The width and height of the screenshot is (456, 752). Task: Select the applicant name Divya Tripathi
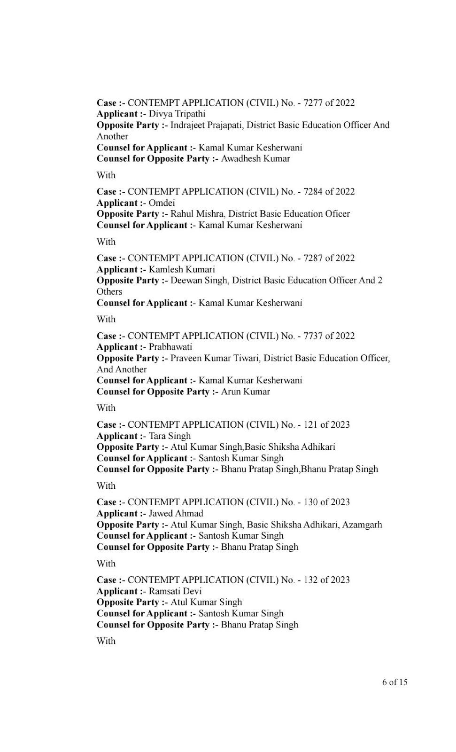click(177, 114)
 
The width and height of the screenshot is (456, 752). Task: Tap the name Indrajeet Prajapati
click(206, 125)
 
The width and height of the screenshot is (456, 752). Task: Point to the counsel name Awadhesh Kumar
click(255, 159)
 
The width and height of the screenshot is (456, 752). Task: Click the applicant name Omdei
click(162, 203)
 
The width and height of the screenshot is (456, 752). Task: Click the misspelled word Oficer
click(334, 214)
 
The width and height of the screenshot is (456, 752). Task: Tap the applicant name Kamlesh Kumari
click(182, 269)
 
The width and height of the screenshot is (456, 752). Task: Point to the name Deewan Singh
click(199, 281)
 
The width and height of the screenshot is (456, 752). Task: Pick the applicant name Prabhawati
click(170, 347)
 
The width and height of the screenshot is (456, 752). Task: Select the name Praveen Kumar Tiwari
click(214, 358)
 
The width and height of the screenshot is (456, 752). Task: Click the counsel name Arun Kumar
click(246, 392)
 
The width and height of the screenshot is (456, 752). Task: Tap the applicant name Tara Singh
click(170, 436)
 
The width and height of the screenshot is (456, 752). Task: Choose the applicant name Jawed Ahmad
click(176, 514)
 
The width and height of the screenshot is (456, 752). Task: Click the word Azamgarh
click(362, 525)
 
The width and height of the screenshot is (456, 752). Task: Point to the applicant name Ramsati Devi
click(175, 591)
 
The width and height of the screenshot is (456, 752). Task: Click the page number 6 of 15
click(394, 682)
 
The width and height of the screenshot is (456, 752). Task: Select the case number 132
click(310, 580)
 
